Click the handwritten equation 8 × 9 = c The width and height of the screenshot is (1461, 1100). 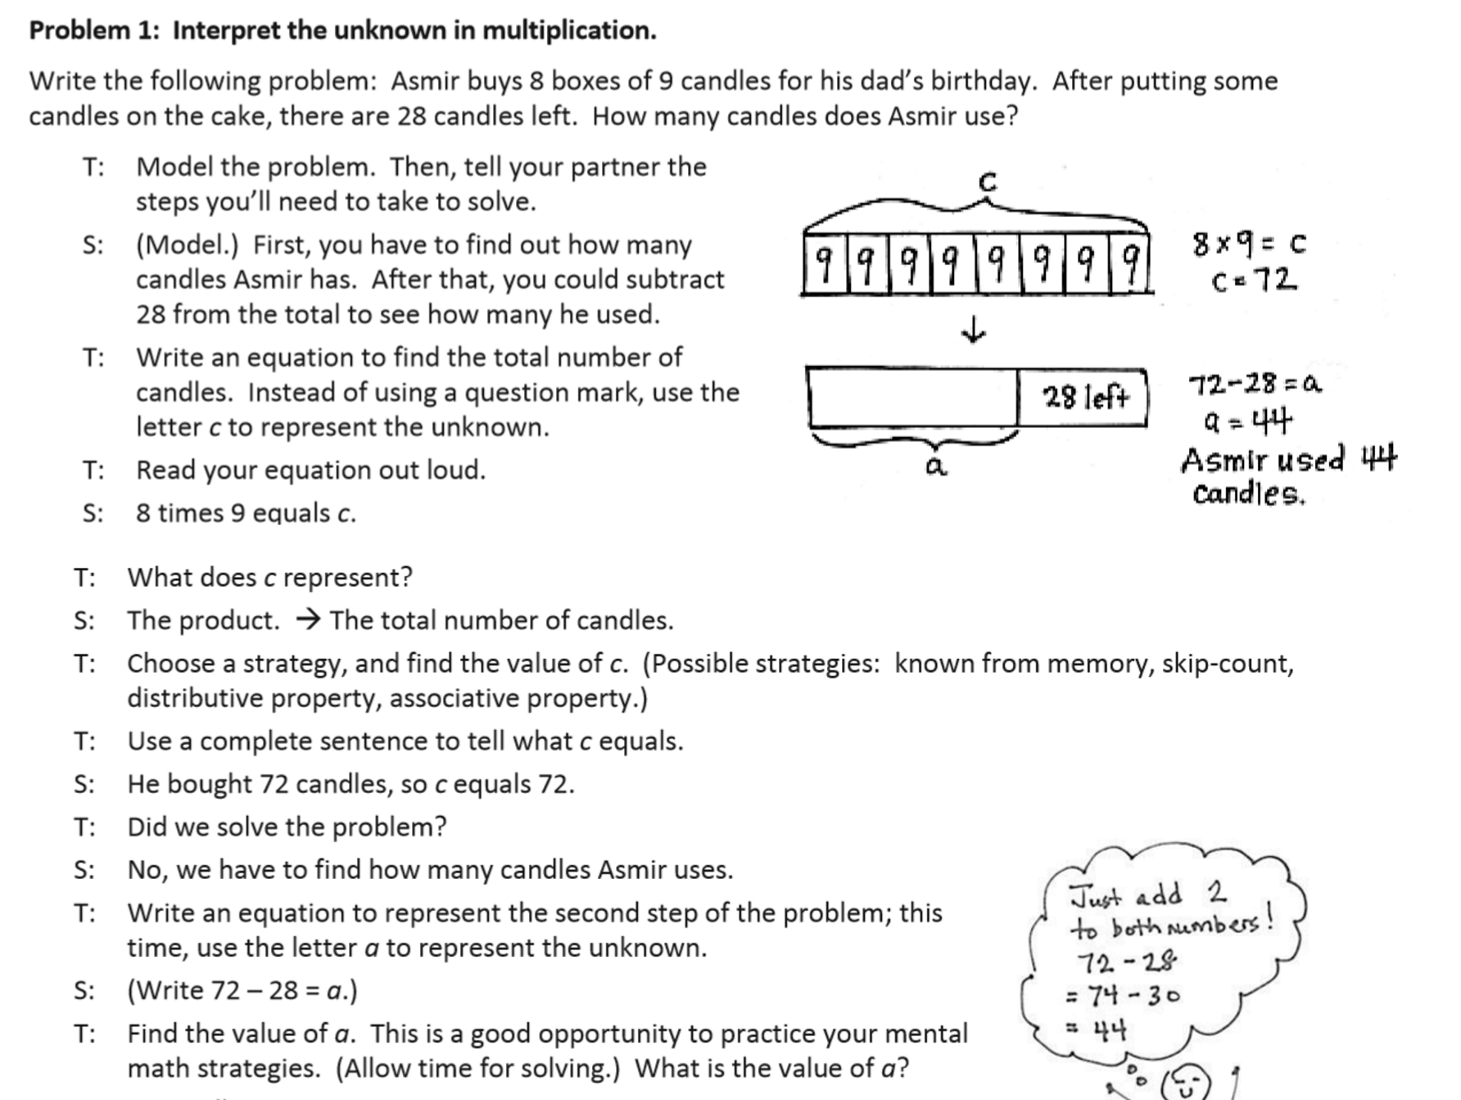pos(1249,243)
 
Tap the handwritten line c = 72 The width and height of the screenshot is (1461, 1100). pos(1254,281)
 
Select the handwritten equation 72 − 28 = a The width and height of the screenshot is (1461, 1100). pos(1255,383)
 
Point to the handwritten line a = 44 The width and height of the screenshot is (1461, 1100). pos(1247,422)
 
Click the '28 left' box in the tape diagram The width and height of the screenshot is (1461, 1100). pos(1084,398)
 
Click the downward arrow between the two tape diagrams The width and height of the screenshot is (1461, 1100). pos(973,331)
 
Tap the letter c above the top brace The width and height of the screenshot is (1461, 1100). pos(988,182)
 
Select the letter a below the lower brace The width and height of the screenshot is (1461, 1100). pos(935,467)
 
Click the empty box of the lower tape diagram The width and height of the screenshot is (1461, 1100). pos(912,398)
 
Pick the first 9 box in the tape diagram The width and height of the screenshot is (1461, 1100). pos(825,264)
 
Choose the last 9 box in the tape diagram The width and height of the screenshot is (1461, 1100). pos(1130,264)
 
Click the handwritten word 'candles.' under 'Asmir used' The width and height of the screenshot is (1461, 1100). pos(1248,494)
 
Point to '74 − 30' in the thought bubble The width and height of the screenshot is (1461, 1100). pos(1133,995)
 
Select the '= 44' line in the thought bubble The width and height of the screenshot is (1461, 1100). pos(1097,1029)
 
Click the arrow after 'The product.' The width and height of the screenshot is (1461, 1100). pos(306,620)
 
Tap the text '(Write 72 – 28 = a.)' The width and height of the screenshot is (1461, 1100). pos(242,990)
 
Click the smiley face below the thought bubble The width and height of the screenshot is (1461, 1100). pos(1185,1084)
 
